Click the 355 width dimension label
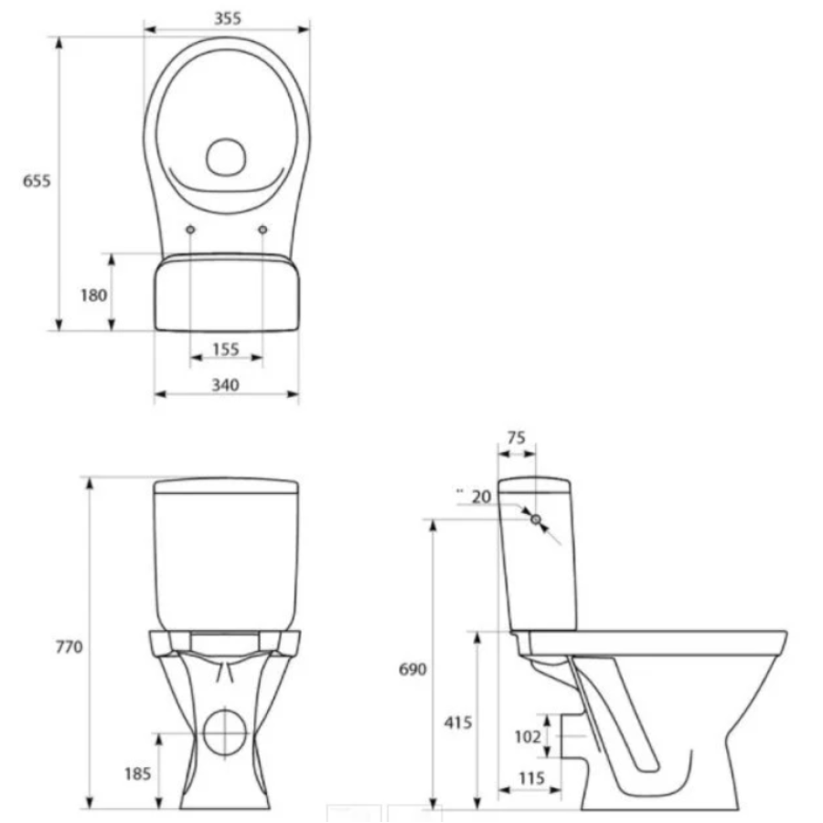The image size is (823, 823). click(x=228, y=18)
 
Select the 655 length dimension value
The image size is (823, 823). click(x=37, y=181)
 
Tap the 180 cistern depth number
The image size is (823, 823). click(x=94, y=295)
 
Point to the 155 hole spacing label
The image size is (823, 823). click(x=226, y=349)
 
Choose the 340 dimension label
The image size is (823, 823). click(x=226, y=385)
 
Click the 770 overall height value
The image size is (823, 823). click(x=69, y=647)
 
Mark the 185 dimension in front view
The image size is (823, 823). click(x=137, y=774)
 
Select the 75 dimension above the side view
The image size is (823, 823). click(x=517, y=438)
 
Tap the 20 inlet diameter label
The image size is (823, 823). click(x=481, y=497)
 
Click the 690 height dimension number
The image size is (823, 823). click(x=412, y=669)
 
